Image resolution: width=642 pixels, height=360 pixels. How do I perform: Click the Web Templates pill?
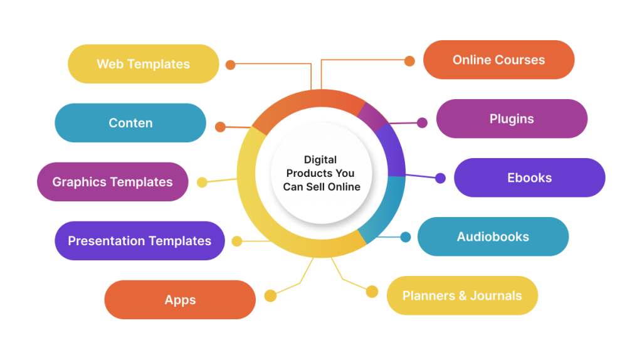tap(144, 64)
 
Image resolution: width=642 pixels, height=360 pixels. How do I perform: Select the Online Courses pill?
tap(498, 60)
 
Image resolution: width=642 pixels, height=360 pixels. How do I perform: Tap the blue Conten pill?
tap(130, 123)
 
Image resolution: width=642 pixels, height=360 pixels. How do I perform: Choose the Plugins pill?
tap(512, 119)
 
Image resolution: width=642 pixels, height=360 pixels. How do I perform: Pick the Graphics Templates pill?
tap(113, 182)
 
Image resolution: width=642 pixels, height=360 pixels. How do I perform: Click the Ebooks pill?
tap(529, 177)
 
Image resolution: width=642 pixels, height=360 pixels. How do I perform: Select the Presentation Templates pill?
tap(140, 241)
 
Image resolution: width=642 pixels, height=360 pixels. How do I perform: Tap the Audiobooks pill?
tap(493, 236)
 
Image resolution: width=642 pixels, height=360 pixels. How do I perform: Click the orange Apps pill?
tap(180, 300)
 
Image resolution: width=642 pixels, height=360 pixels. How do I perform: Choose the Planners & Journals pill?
tap(462, 295)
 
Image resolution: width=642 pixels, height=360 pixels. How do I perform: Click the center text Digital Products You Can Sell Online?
tap(322, 173)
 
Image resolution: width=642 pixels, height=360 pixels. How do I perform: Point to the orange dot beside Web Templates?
tap(231, 65)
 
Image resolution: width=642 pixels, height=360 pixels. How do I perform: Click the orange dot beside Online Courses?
tap(409, 61)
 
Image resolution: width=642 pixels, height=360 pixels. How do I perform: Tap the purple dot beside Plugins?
tap(422, 122)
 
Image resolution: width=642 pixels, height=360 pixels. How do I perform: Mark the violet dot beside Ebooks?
tap(440, 178)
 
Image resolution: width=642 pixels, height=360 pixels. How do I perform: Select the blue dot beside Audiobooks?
tap(406, 236)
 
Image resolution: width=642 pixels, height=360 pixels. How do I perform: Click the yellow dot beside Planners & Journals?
tap(372, 292)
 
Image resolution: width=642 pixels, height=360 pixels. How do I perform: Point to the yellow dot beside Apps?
tap(270, 295)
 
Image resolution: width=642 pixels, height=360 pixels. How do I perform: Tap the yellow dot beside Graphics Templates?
tap(202, 183)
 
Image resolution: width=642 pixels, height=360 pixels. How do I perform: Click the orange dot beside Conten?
tap(220, 127)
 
